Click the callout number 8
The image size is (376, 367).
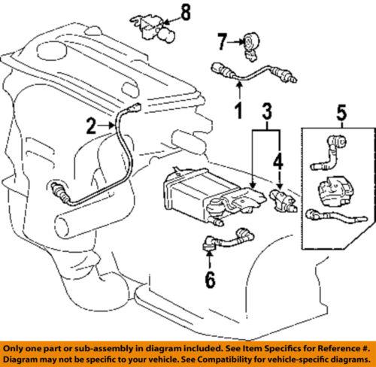coord(186,13)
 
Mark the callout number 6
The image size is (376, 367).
coord(211,280)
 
